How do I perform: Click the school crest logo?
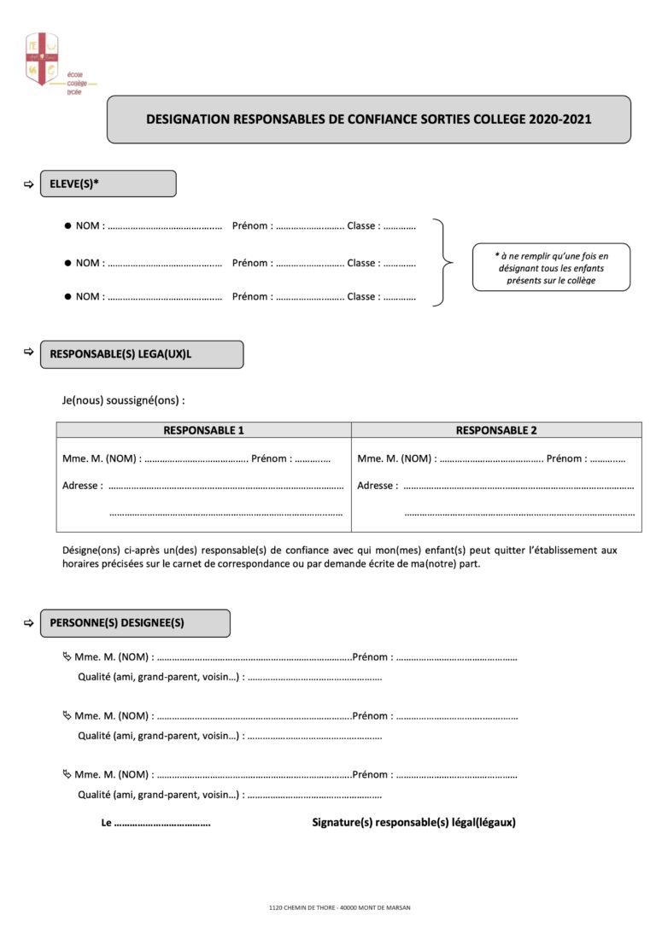point(42,59)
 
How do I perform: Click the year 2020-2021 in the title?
point(559,120)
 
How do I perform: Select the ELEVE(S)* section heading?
point(108,184)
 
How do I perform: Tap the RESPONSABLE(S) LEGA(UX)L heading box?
point(141,354)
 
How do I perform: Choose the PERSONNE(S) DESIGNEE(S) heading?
point(134,623)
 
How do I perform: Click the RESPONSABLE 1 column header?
point(203,430)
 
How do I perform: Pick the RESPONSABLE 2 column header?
point(496,430)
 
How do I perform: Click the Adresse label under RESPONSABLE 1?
point(82,486)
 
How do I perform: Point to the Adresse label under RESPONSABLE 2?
point(377,486)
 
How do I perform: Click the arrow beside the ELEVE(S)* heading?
point(28,184)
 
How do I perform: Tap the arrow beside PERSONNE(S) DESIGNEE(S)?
point(28,623)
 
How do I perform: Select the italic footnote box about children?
point(551,267)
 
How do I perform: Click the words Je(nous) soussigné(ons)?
point(124,399)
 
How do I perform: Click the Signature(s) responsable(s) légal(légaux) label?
point(413,823)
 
